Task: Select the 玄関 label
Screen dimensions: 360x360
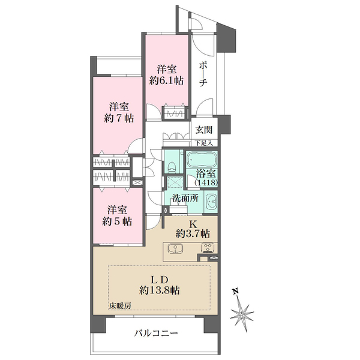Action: (x=203, y=130)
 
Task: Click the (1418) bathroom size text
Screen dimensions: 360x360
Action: (x=206, y=182)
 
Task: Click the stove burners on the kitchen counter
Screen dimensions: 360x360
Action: (x=208, y=248)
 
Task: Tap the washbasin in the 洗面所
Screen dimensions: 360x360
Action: (x=211, y=201)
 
